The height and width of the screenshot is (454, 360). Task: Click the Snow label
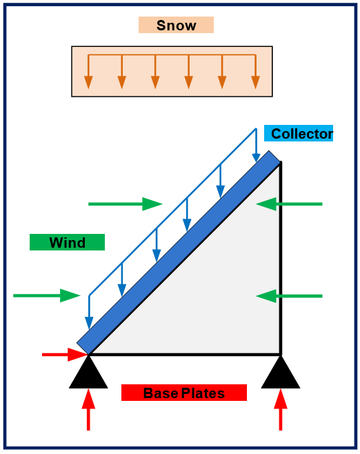176,25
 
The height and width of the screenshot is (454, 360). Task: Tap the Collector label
299,133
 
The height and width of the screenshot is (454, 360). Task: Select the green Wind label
67,242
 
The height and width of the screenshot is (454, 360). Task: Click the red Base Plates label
184,393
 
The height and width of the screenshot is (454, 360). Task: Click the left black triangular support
88,373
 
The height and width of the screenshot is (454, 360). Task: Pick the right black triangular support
281,373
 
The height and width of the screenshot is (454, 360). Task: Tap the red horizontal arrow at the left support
65,355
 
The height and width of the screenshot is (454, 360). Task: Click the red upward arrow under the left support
88,410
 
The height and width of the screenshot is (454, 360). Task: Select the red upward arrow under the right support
281,410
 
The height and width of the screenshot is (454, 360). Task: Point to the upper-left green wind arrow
126,204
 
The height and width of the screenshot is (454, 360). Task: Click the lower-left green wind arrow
47,295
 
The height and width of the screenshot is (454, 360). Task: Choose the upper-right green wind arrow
289,204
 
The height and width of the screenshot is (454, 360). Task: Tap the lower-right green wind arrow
289,296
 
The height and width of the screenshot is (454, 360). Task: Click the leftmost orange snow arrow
88,72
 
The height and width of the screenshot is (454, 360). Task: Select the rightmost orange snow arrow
255,72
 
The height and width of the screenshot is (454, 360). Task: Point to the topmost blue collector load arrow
256,146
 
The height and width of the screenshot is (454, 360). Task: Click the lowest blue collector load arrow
89,312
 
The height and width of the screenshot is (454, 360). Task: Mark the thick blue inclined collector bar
179,253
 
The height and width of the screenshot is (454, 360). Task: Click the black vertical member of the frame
281,258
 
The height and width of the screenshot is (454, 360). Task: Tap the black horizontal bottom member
185,354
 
